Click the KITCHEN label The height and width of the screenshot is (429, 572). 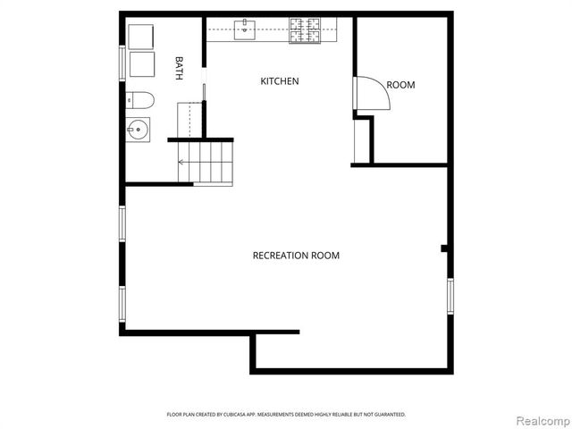(x=279, y=81)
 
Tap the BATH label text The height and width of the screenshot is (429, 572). (x=179, y=69)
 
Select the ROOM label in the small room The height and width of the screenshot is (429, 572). (x=400, y=85)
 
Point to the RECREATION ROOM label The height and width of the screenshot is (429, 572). (x=296, y=256)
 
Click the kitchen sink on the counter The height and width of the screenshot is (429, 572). (x=243, y=30)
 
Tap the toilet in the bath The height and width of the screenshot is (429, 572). (x=140, y=99)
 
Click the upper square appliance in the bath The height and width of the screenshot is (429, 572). (x=141, y=37)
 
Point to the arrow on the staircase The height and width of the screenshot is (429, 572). (x=182, y=162)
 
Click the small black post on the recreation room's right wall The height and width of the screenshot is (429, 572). (x=444, y=248)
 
